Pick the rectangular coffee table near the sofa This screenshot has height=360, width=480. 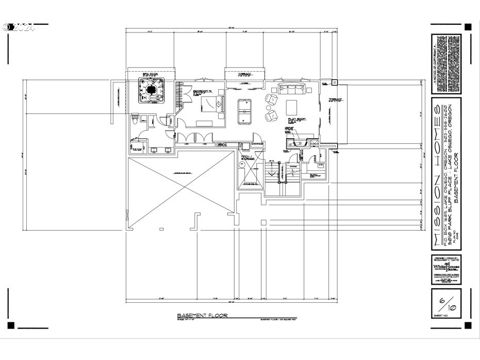292,107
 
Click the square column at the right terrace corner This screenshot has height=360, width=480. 334,81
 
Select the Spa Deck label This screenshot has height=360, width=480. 150,75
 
